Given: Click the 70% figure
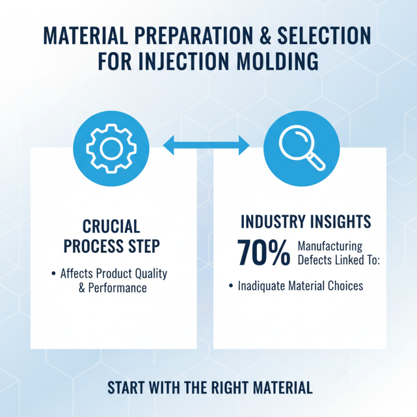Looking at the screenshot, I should pyautogui.click(x=264, y=252).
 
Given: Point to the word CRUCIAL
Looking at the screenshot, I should pyautogui.click(x=112, y=226).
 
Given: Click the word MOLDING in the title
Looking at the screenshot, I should pyautogui.click(x=281, y=61).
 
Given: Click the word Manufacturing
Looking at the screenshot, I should pyautogui.click(x=329, y=246).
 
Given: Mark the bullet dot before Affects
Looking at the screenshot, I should pyautogui.click(x=54, y=274).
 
